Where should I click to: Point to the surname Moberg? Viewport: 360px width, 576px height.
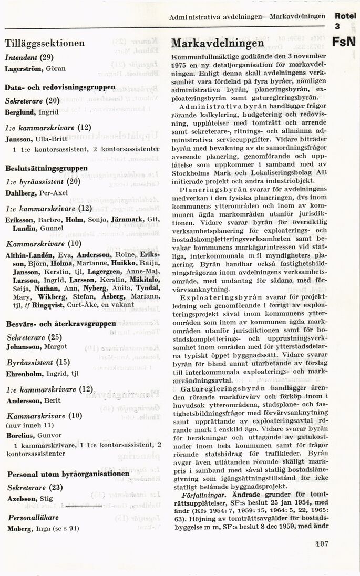[x=19, y=529]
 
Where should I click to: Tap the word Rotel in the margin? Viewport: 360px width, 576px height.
[x=345, y=16]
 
